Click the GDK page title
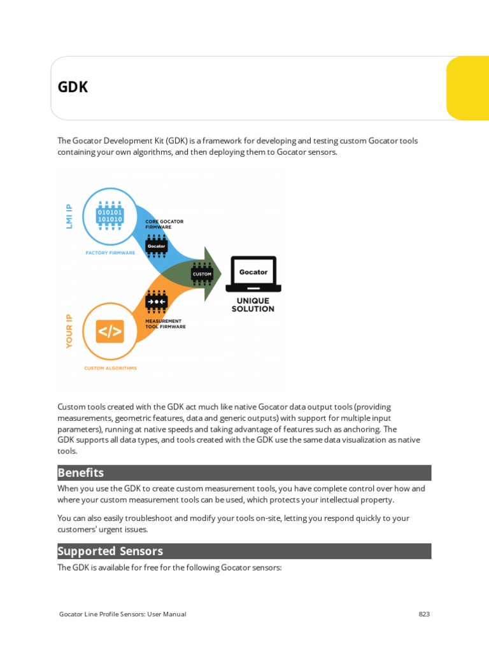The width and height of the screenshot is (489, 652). (x=73, y=87)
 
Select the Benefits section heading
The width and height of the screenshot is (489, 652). (x=81, y=472)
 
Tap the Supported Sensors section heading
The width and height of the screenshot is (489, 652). (x=110, y=551)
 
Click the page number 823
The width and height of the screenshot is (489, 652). (x=424, y=614)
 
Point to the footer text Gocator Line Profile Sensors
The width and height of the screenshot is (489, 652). (x=122, y=614)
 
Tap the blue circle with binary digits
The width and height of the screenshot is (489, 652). (x=110, y=215)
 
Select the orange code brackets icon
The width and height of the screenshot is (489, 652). (x=110, y=332)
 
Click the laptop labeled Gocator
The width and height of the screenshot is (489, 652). (x=253, y=273)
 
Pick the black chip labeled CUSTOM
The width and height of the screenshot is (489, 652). (x=201, y=274)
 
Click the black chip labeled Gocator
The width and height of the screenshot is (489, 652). (x=157, y=246)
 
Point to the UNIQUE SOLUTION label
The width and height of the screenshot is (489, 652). (x=253, y=305)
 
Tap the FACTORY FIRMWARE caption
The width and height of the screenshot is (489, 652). (x=110, y=253)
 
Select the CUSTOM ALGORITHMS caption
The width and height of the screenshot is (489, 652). (x=110, y=368)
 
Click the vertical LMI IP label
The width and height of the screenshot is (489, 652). (x=69, y=216)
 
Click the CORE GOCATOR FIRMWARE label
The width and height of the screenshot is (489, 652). (x=164, y=224)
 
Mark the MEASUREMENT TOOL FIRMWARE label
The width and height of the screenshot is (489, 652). (x=166, y=323)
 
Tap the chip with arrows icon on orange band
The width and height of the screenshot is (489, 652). (x=157, y=301)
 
